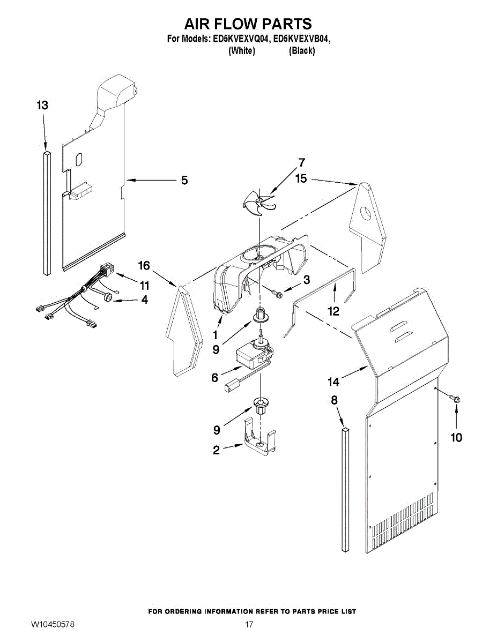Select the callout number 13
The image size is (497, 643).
43,106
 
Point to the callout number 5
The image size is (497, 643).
184,181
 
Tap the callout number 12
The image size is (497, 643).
334,311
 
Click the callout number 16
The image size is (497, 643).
144,265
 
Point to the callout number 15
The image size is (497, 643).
301,178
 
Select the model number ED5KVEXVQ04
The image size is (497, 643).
240,39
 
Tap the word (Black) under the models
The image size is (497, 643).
302,51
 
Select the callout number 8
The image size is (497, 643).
334,399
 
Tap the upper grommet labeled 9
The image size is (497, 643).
261,320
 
